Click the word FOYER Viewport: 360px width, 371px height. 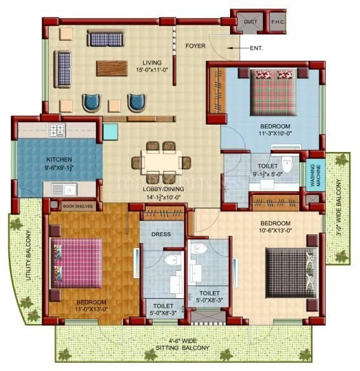point(195,46)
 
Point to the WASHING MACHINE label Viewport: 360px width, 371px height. point(312,175)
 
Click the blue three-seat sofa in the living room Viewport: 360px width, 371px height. point(108,39)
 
